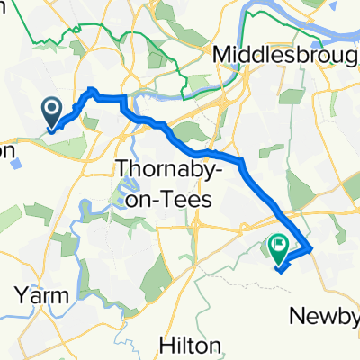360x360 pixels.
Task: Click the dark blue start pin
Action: point(52,112)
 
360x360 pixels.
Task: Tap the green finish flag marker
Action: point(278,244)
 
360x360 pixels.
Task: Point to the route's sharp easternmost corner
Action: point(310,248)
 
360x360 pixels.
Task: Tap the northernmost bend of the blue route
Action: point(93,89)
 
